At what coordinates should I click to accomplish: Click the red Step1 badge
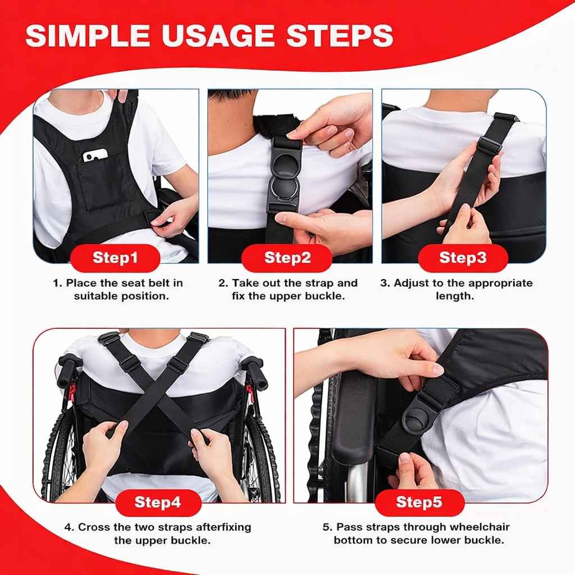click(115, 258)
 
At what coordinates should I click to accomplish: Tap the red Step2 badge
click(287, 258)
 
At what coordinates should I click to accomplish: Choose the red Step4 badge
click(158, 503)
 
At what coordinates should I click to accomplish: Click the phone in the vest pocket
click(95, 156)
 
